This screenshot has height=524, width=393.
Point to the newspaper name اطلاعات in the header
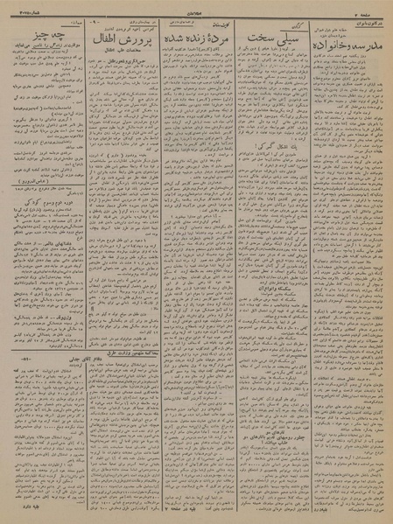pos(195,11)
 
